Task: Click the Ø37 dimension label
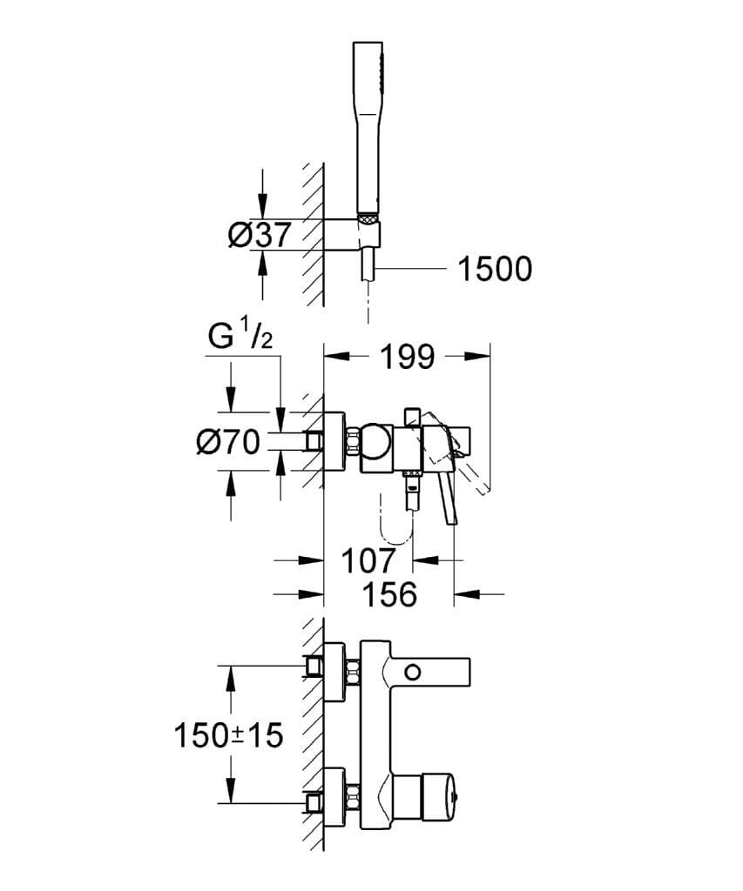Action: tap(258, 236)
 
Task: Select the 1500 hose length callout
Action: tap(494, 270)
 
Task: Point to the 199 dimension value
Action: tap(407, 356)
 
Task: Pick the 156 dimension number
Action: tap(388, 594)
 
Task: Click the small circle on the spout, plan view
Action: tap(412, 671)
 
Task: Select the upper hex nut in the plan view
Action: tap(353, 670)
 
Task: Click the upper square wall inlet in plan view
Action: tap(314, 667)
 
